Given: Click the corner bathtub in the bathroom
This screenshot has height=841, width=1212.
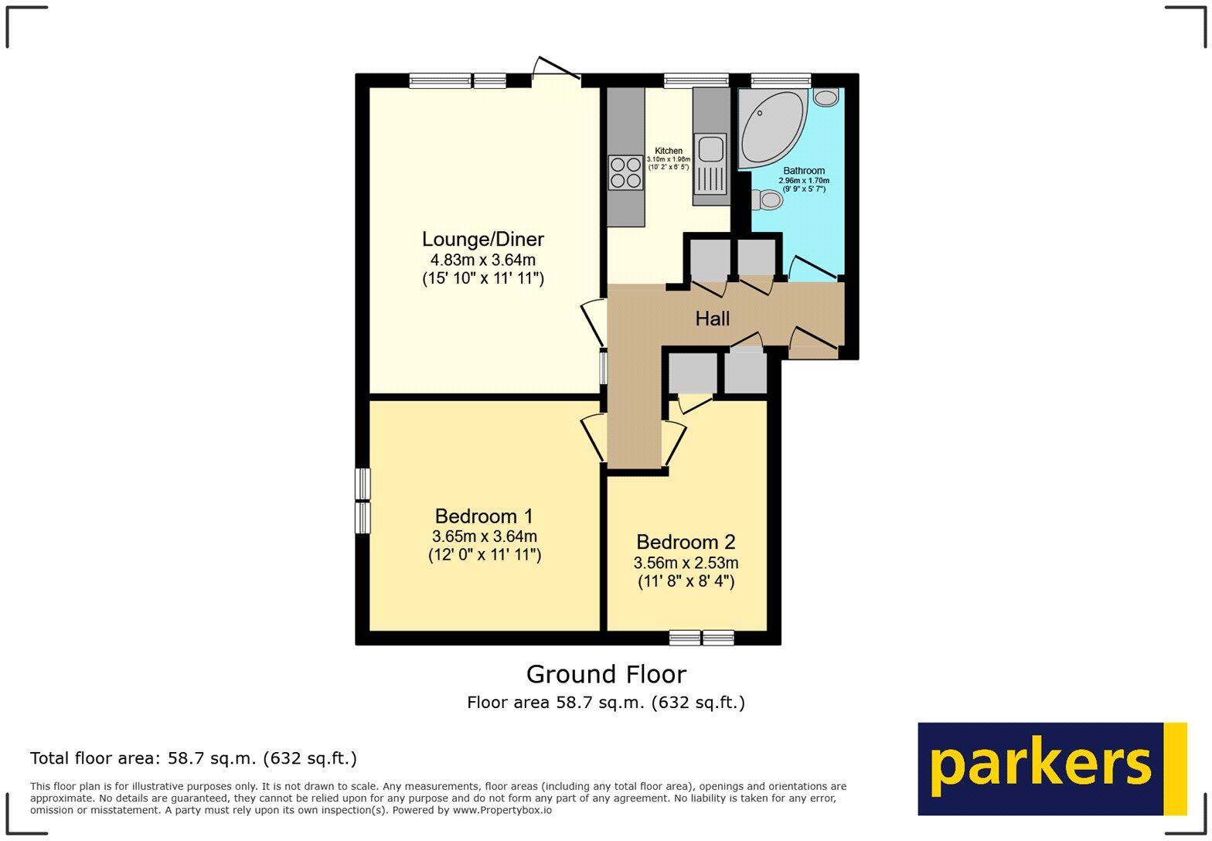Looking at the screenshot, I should [770, 128].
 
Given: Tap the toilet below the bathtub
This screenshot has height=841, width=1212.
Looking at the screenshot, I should [768, 200].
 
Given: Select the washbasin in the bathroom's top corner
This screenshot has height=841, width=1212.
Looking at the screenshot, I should [826, 97].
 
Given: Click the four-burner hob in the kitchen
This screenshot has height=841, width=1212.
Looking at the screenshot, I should [625, 172].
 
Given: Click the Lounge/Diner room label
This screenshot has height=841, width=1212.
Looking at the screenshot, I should [482, 240].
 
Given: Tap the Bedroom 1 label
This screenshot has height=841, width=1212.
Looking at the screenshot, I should [484, 516].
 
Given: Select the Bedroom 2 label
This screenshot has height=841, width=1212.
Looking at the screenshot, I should [686, 543].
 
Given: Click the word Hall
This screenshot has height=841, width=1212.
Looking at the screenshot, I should [712, 318].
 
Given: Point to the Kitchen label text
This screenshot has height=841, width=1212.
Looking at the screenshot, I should [669, 151].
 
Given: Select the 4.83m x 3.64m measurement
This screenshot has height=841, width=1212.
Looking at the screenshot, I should [482, 260].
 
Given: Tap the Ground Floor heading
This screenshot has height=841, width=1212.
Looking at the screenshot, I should [606, 675].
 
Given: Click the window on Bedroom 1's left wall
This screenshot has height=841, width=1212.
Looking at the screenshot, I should [363, 500].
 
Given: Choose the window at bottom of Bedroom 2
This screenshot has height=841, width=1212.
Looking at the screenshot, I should [701, 638].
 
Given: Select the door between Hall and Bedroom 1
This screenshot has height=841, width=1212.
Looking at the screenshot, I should [594, 438].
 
